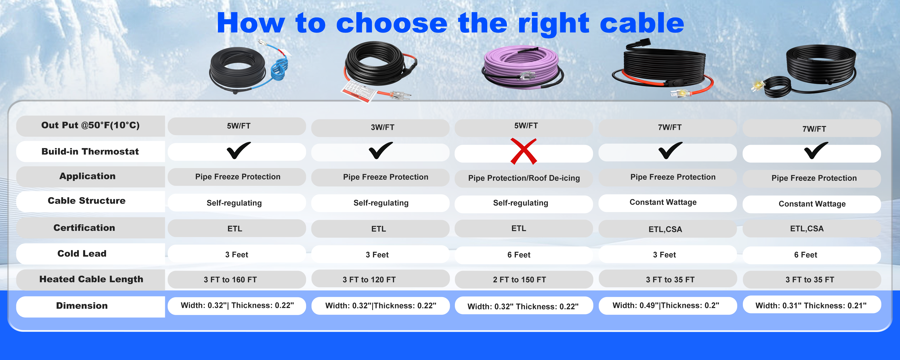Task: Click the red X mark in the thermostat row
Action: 523,151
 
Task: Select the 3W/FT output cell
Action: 380,127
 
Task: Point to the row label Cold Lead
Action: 82,253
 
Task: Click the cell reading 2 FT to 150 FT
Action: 524,280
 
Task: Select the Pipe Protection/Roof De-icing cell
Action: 524,178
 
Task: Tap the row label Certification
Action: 84,228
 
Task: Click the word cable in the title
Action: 642,23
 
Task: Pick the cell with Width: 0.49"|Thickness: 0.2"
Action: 667,306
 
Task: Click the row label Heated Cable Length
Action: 91,279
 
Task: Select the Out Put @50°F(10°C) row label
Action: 90,126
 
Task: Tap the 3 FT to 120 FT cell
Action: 380,280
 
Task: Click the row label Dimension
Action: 82,306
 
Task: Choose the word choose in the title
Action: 391,23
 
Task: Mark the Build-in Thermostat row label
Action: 90,151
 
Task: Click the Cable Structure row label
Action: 87,201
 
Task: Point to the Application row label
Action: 87,176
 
